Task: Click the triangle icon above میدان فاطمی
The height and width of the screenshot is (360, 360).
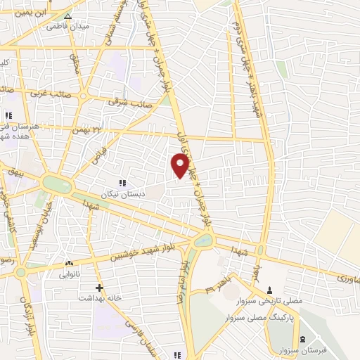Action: (x=67, y=16)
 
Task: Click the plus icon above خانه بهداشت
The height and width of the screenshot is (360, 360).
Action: (x=100, y=288)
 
